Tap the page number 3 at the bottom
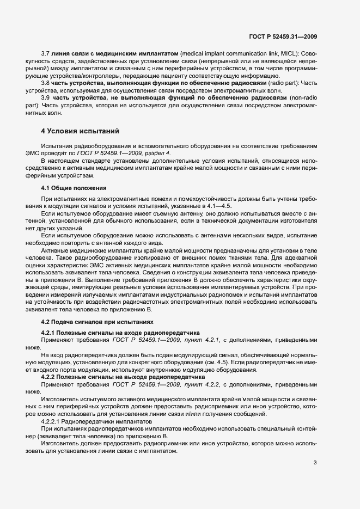tap(315, 463)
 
